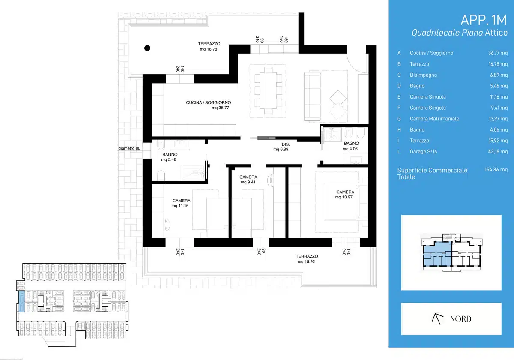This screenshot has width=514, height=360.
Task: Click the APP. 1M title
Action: (x=484, y=20)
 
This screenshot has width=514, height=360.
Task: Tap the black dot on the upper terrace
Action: (x=147, y=48)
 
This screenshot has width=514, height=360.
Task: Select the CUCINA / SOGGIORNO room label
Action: (x=208, y=102)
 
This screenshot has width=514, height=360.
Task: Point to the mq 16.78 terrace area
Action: (x=208, y=49)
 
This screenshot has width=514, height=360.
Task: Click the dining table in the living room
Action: (x=268, y=90)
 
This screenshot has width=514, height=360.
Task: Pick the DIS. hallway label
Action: (x=286, y=144)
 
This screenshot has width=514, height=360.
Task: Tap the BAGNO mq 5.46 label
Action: (x=170, y=157)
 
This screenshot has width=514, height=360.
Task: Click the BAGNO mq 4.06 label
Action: (x=351, y=146)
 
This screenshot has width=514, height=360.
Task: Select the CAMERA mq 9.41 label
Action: (x=248, y=180)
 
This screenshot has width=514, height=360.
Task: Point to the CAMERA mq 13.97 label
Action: (x=345, y=195)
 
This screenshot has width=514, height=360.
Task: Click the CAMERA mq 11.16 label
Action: (x=181, y=203)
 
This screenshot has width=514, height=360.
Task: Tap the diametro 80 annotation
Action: (x=129, y=148)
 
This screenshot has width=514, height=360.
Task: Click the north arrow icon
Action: (x=437, y=319)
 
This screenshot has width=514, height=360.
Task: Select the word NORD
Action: (x=461, y=319)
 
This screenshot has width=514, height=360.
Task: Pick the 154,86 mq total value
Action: (x=496, y=170)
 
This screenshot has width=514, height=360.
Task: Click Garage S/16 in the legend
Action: (x=423, y=152)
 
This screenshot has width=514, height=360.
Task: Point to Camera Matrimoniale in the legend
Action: (x=434, y=119)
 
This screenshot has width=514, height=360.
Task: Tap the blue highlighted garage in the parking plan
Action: (x=21, y=301)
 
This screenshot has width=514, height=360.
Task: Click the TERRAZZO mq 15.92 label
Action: (x=307, y=259)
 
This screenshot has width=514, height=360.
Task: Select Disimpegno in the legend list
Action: (x=423, y=75)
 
